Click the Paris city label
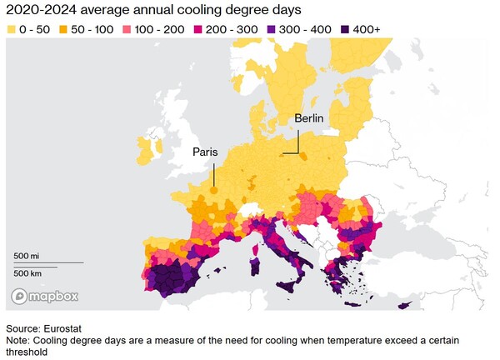coord(205,152)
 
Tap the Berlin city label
coord(309,119)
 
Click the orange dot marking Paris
coord(214,190)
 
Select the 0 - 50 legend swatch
coord(12,29)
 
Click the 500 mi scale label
coord(27,254)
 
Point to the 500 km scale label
coord(28,272)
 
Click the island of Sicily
coord(292,287)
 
